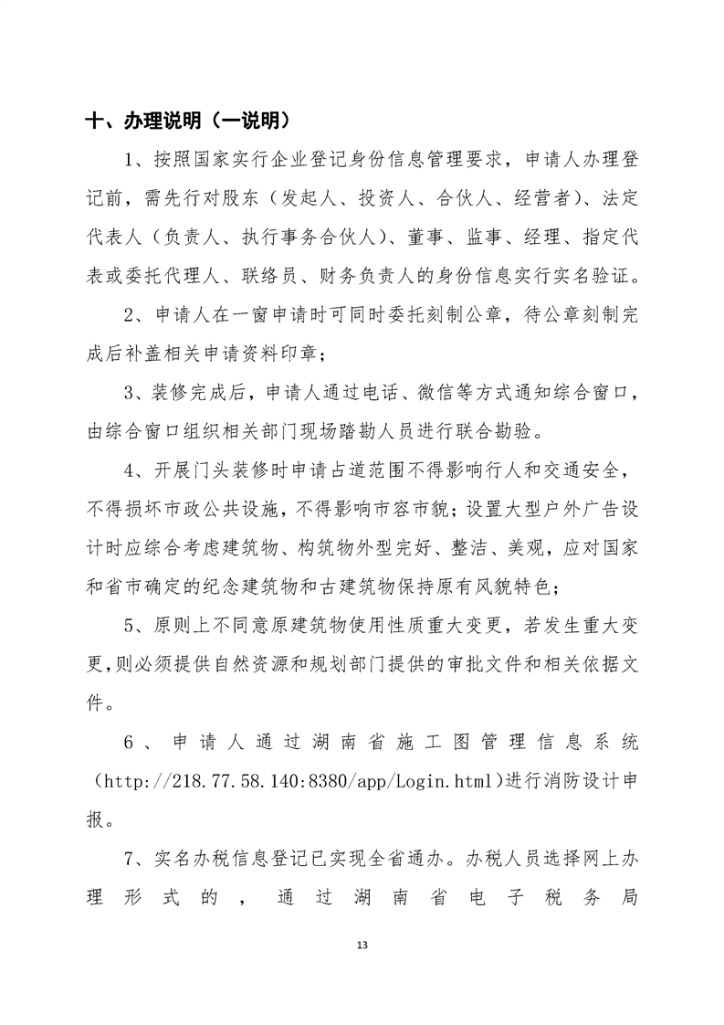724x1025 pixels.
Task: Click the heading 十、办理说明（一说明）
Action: pyautogui.click(x=187, y=121)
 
